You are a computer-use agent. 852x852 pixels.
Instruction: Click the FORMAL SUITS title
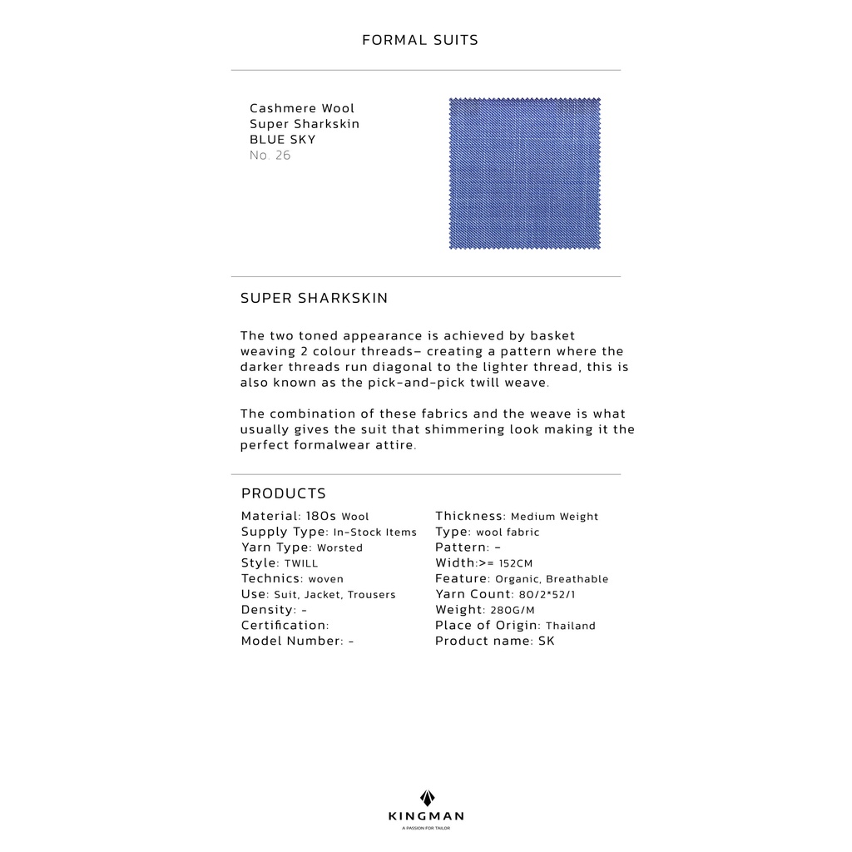[x=420, y=40]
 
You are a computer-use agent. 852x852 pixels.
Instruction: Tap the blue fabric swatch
[x=524, y=173]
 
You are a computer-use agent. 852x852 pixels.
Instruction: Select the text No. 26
[x=270, y=156]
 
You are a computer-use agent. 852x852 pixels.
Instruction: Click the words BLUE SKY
[x=283, y=140]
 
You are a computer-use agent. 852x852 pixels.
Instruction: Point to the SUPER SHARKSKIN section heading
[x=314, y=298]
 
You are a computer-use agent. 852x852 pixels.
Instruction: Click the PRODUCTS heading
[x=284, y=493]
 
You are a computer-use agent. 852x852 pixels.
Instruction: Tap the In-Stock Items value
[x=374, y=532]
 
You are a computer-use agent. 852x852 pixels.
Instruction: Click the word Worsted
[x=339, y=548]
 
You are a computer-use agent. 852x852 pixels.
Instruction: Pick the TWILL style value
[x=301, y=564]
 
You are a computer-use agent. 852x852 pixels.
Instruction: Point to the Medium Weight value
[x=554, y=517]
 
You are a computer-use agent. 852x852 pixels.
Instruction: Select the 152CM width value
[x=516, y=564]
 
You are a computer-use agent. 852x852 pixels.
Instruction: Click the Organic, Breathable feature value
[x=552, y=579]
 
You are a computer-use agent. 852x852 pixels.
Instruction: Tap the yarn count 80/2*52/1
[x=547, y=595]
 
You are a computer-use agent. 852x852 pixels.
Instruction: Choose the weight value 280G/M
[x=518, y=611]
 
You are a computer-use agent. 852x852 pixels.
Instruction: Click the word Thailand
[x=571, y=626]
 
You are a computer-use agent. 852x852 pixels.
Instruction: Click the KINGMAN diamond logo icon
[x=426, y=798]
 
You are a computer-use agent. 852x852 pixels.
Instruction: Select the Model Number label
[x=292, y=641]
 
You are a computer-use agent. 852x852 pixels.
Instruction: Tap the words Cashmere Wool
[x=302, y=108]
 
